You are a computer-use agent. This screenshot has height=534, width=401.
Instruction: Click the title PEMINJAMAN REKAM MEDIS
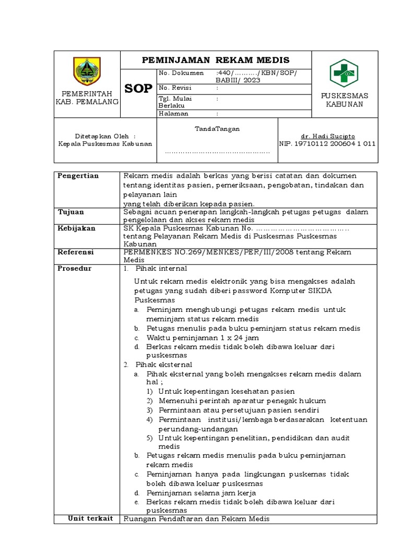[x=216, y=60]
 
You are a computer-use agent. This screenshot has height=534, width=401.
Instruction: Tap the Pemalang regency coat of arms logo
[x=87, y=71]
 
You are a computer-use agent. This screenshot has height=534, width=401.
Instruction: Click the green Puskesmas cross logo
[x=344, y=73]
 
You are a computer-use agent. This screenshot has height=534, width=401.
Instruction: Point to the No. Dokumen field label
[x=178, y=73]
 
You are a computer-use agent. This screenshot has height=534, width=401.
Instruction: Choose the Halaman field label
[x=173, y=113]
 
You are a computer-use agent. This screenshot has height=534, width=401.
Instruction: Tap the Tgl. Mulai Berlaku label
[x=173, y=101]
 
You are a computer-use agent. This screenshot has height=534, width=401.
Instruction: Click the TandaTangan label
[x=217, y=128]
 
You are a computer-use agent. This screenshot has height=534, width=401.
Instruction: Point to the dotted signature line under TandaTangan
[x=217, y=152]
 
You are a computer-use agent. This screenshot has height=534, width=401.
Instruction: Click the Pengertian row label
[x=78, y=176]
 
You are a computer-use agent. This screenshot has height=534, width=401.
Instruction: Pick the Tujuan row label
[x=70, y=212]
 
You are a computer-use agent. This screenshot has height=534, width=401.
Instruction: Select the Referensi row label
[x=75, y=252]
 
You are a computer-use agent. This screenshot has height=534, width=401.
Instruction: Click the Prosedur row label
[x=74, y=269]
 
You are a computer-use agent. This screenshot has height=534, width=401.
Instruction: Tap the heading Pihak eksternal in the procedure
[x=163, y=365]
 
